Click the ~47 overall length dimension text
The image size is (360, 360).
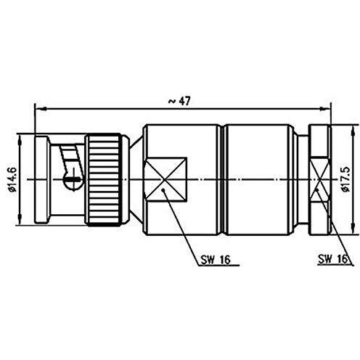coord(179,101)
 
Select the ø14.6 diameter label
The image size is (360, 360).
coord(12,179)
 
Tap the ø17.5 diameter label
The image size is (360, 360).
coord(346,179)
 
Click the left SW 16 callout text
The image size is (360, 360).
coord(216,260)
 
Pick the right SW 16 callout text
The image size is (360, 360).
coord(332,259)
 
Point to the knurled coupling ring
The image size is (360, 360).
coord(105,179)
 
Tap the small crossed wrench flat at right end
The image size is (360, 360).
coord(319,179)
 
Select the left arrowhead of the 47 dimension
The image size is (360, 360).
coord(41,109)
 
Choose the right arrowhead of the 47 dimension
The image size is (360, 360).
coord(325,109)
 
